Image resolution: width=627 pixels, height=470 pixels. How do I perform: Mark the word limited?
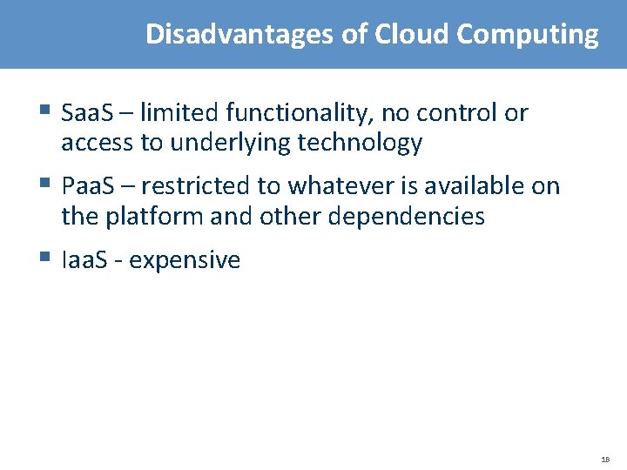click(x=179, y=113)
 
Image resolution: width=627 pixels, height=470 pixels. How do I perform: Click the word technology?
click(x=360, y=143)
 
